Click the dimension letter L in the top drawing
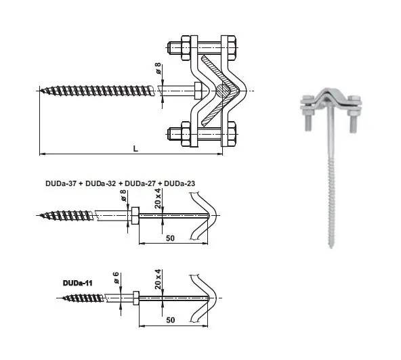pyautogui.click(x=135, y=148)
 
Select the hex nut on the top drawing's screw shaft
pyautogui.click(x=198, y=91)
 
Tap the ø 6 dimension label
pyautogui.click(x=115, y=277)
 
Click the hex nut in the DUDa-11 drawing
pyautogui.click(x=135, y=298)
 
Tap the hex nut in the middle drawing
pyautogui.click(x=134, y=216)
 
